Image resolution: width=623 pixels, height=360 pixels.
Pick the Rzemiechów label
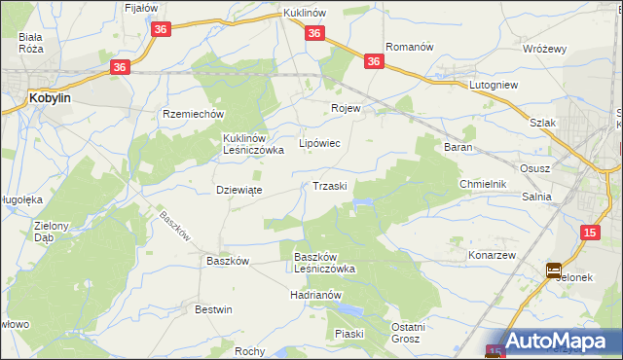tap(193, 113)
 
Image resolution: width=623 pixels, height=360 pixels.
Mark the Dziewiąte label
tap(238, 190)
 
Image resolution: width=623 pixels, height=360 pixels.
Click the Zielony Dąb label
tap(51, 232)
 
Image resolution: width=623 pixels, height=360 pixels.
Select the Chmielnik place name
tap(483, 184)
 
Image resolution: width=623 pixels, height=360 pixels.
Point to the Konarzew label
tap(491, 254)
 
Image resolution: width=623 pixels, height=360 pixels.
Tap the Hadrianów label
tap(317, 294)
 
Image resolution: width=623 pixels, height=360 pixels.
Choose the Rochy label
tap(250, 351)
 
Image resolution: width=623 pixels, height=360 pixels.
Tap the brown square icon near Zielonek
tap(554, 270)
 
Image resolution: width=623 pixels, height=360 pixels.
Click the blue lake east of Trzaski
tap(362, 202)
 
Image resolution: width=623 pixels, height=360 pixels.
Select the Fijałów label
tap(142, 8)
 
